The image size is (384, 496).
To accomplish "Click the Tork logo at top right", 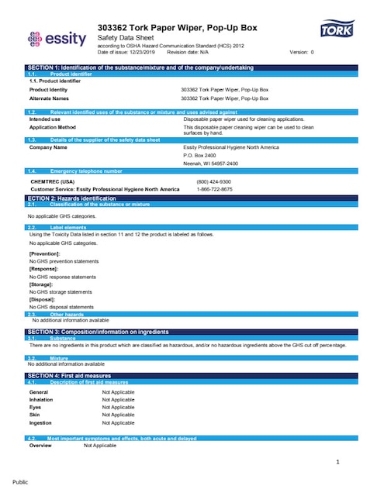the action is (334, 31).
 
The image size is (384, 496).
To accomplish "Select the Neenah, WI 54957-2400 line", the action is (210, 164).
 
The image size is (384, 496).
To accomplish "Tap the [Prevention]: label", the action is (43, 254).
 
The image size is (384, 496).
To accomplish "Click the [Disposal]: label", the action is (43, 298).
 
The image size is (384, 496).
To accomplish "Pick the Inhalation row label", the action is (43, 400).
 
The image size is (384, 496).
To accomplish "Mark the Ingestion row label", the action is (41, 423).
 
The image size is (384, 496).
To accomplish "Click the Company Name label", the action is (48, 146).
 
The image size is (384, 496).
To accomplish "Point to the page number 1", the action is (338, 463).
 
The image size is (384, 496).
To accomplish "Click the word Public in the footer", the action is (20, 481).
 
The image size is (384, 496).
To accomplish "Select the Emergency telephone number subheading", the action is (86, 170).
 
